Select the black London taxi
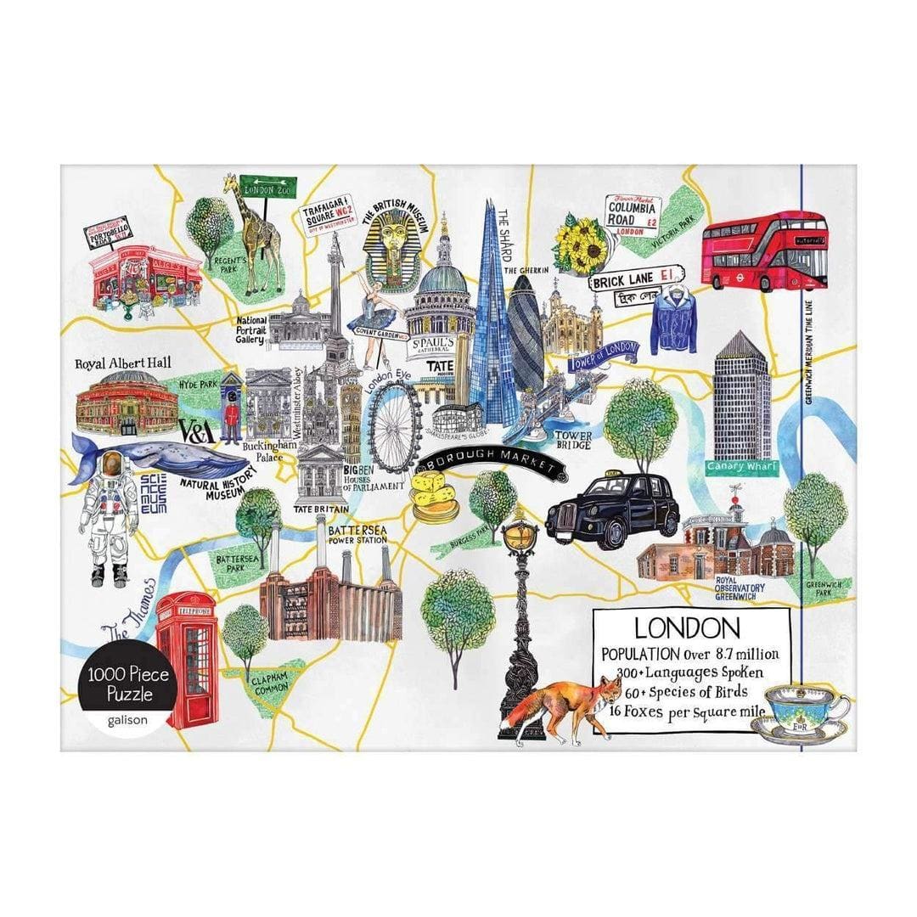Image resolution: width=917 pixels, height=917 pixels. [x=613, y=511]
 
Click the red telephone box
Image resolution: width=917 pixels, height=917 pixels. [x=187, y=658]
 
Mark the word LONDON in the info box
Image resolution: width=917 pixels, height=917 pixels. [x=688, y=628]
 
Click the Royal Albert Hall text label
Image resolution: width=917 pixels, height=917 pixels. [x=122, y=363]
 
